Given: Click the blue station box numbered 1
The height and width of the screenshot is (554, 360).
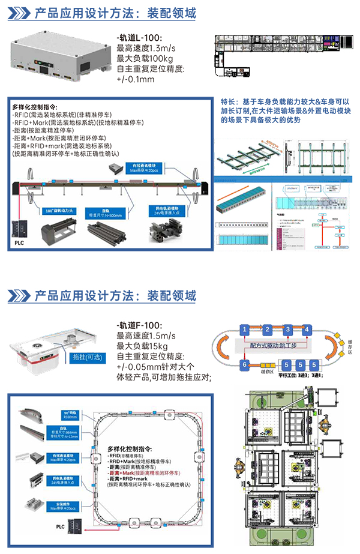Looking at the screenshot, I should (x=244, y=330).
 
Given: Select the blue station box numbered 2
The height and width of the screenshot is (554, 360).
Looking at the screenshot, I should (x=267, y=330).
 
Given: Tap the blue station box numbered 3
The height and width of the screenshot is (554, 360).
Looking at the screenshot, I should (x=289, y=330).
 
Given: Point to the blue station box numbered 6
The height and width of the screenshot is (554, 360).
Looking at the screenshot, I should (x=244, y=364).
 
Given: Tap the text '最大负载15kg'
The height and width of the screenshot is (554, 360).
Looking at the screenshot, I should (x=142, y=347).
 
